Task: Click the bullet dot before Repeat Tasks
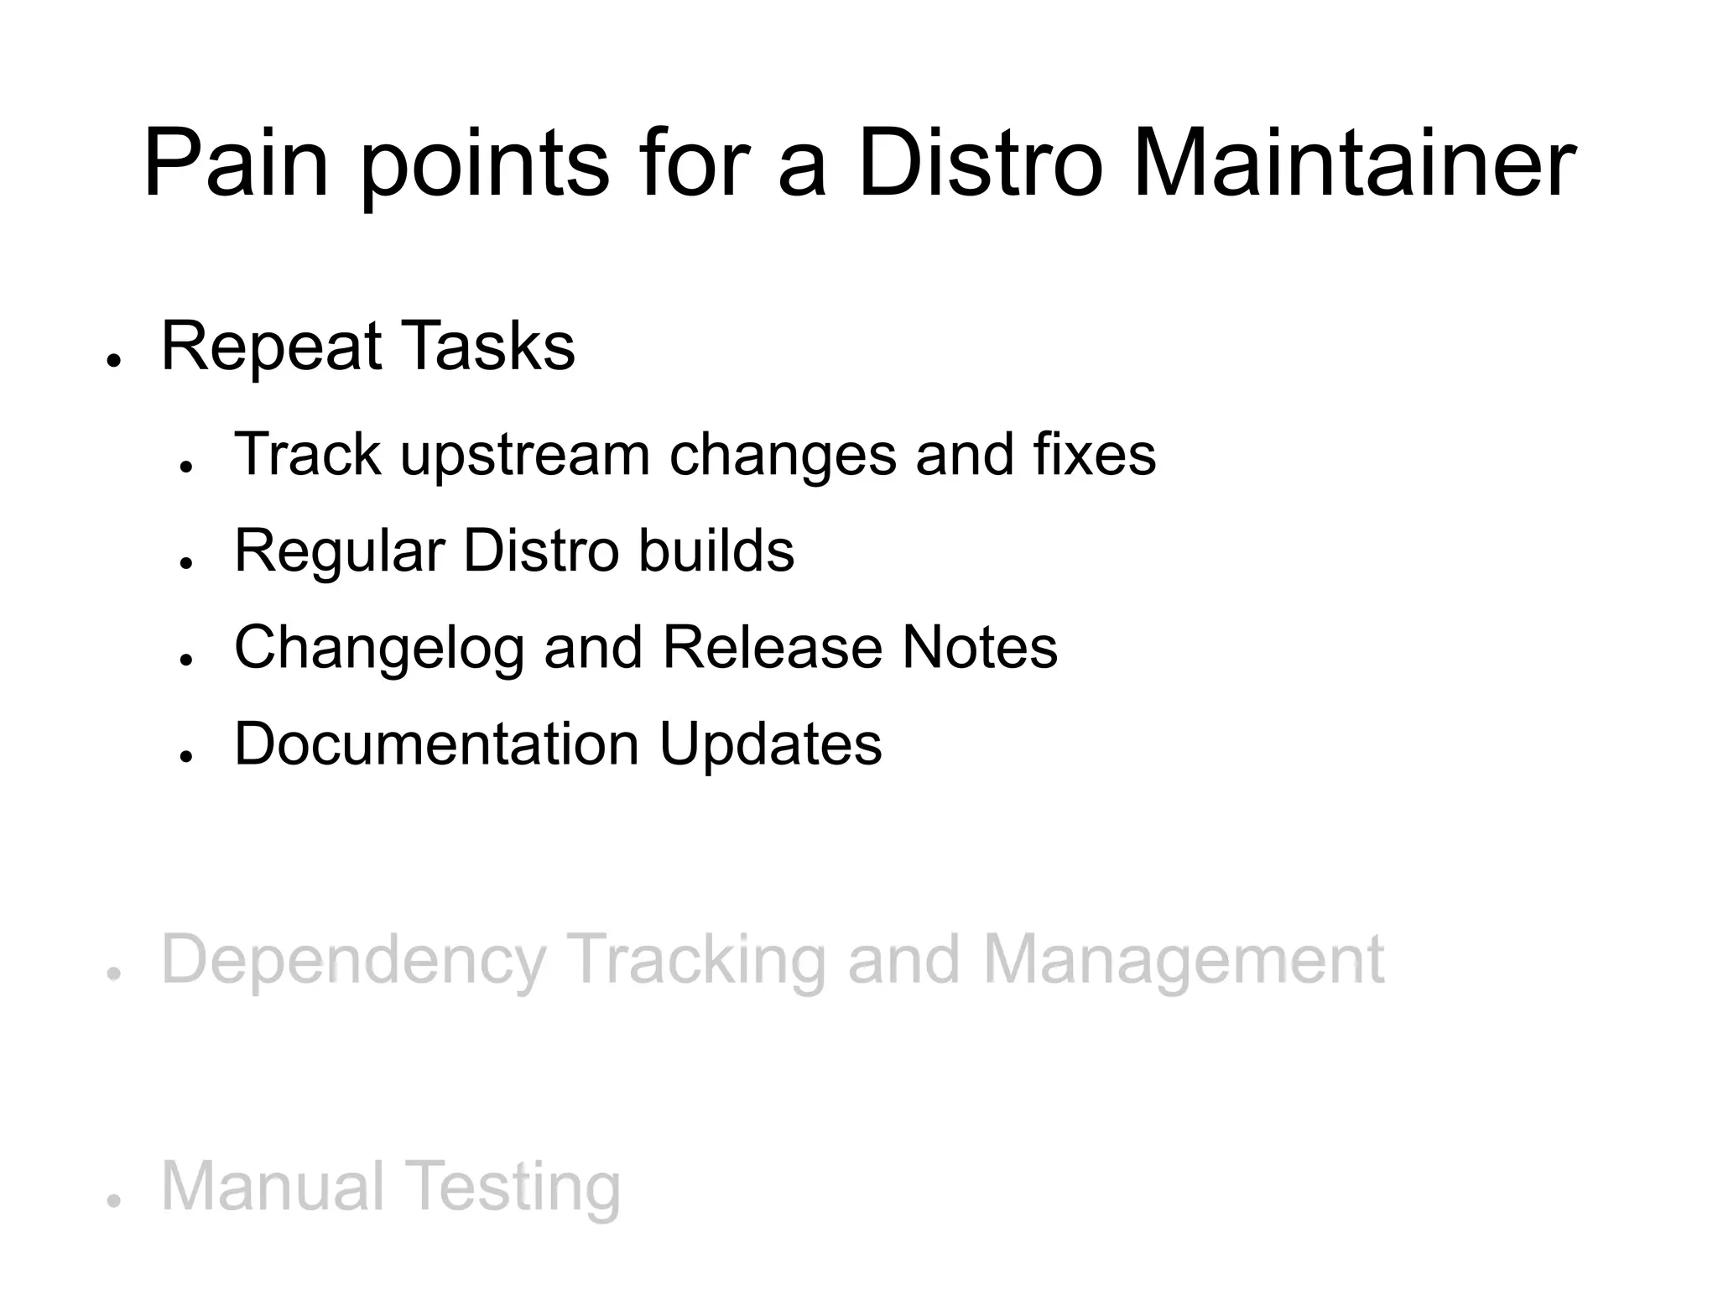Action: click(x=113, y=360)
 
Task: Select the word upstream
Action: click(x=525, y=456)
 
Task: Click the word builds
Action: click(x=716, y=551)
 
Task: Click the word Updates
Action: click(x=770, y=745)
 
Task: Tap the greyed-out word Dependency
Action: click(x=353, y=960)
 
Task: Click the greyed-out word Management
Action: click(x=1183, y=960)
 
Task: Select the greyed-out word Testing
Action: click(x=514, y=1187)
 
